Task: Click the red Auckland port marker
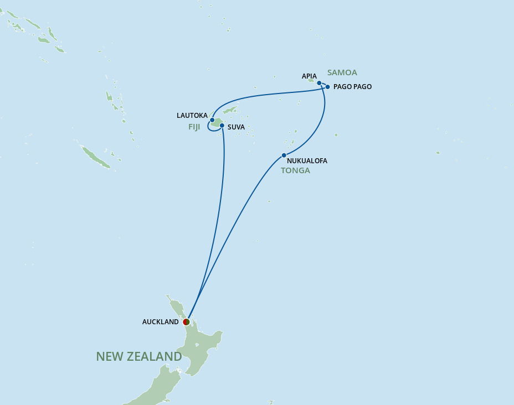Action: (186, 322)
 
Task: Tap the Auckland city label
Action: (160, 322)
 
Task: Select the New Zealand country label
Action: (139, 357)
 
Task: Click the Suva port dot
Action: (222, 126)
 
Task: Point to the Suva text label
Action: (236, 127)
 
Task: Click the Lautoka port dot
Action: (212, 120)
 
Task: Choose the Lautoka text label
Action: (192, 116)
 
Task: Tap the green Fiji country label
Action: (194, 127)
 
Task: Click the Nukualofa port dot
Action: (284, 155)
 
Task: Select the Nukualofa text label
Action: (307, 161)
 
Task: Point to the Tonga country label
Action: (295, 170)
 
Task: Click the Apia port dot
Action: (319, 83)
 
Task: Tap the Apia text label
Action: (309, 76)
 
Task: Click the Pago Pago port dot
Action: (328, 87)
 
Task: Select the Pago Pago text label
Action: (352, 87)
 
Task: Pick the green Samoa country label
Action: (342, 72)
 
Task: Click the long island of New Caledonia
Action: (95, 157)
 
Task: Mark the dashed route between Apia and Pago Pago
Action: (323, 85)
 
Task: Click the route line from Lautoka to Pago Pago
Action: (266, 94)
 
